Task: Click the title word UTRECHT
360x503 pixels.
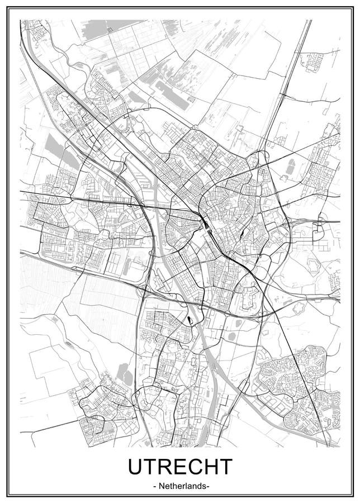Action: (x=180, y=466)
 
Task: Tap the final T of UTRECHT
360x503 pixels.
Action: (x=225, y=466)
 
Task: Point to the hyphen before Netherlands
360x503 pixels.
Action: (x=154, y=487)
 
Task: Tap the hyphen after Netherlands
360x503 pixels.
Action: (x=208, y=487)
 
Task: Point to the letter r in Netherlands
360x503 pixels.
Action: (x=181, y=486)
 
